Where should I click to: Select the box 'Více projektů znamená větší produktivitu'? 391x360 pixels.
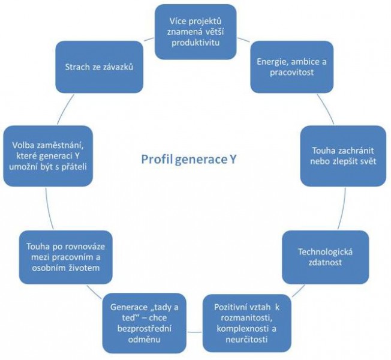coord(195,29)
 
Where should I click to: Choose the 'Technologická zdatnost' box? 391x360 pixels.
coord(317,258)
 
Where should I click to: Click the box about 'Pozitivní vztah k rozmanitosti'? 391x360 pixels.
coord(242,323)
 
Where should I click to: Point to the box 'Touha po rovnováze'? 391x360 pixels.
coord(65,257)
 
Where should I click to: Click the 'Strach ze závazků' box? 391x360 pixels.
coord(98,66)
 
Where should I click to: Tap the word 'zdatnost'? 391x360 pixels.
coord(317,264)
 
